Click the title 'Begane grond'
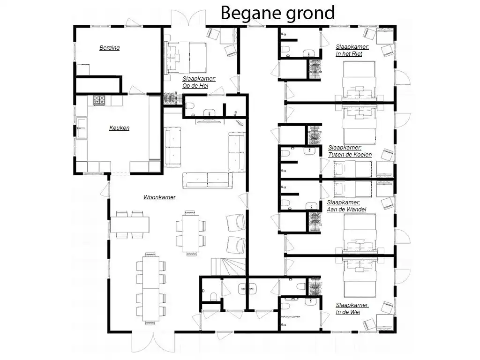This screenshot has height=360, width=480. coord(277,13)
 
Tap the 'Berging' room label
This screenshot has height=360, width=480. coord(109,48)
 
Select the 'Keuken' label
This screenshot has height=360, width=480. coord(119,128)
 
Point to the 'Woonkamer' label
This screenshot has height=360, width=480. coord(159,197)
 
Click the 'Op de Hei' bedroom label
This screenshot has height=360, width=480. coord(199,82)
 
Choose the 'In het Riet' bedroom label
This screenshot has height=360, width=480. coord(352,50)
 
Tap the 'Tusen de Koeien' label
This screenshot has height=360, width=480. coord(350,151)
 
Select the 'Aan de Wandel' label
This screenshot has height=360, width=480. coord(346,206)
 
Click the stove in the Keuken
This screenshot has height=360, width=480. coord(99,101)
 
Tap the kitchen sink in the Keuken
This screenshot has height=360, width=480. coord(82,128)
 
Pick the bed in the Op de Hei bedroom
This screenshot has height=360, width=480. coord(186,58)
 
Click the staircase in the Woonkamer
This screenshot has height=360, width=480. coord(228,267)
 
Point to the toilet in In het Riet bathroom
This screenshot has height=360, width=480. coord(285,50)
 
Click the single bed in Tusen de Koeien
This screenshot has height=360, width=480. coord(352,169)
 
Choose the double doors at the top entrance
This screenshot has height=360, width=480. coord(188,18)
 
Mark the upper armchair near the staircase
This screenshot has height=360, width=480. coord(236,223)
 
